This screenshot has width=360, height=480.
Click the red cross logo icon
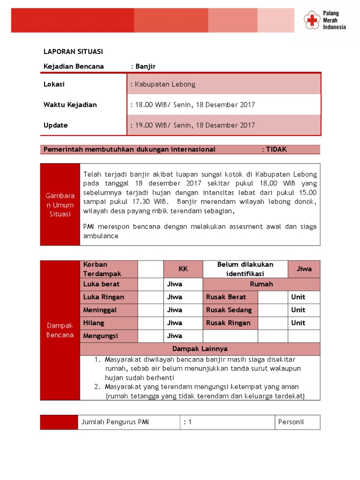311,20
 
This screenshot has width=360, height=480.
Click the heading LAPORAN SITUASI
73,52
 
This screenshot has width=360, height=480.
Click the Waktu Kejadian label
70,105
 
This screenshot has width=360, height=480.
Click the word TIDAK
276,150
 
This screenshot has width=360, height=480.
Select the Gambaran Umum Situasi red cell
60,205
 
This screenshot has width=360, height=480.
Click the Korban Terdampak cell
109,269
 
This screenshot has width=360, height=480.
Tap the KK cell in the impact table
183,269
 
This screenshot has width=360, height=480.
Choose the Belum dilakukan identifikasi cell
245,269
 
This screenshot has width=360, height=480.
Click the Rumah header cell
262,284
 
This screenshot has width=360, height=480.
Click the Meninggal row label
100,310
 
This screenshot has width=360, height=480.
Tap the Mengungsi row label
101,336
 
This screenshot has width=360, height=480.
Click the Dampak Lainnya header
200,349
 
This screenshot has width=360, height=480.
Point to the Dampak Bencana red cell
60,330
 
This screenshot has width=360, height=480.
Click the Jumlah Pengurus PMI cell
115,422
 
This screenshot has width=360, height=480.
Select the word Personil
291,422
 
